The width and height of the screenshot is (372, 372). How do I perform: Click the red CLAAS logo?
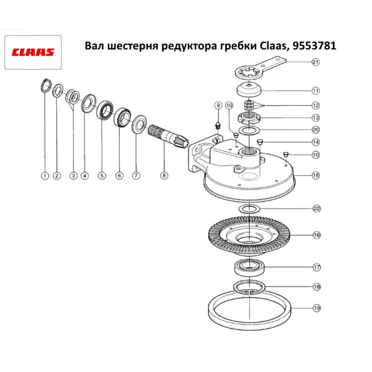33,52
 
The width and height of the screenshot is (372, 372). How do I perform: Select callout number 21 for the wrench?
315,62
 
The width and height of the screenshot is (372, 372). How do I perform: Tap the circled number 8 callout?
163,176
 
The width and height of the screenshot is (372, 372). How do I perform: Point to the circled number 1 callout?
45,176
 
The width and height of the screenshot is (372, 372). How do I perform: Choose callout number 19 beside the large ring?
316,308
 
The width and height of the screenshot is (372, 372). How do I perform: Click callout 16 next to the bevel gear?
316,235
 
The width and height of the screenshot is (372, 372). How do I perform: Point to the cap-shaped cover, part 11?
249,90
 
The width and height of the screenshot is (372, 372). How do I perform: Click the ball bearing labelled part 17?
249,267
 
